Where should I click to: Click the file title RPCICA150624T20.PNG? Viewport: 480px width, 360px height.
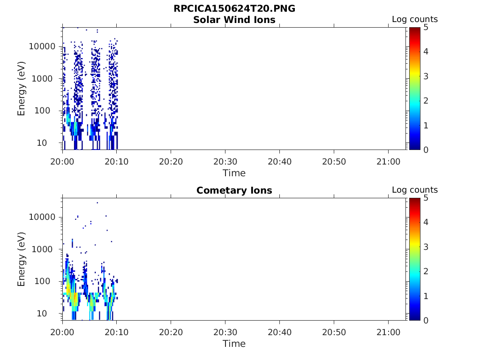tap(234, 9)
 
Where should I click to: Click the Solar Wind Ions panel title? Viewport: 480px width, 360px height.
tap(234, 20)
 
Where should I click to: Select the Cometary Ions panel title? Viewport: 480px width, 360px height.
tap(234, 190)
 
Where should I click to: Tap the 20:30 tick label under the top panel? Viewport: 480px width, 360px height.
tap(225, 161)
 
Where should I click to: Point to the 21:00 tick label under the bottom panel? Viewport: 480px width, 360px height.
tap(388, 331)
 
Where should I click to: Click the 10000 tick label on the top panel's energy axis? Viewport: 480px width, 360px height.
tap(43, 46)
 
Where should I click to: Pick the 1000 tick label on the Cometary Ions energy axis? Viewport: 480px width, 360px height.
tap(45, 249)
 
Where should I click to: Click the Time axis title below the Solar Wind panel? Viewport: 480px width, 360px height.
tap(234, 173)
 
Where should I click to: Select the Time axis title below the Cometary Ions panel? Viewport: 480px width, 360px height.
tap(234, 344)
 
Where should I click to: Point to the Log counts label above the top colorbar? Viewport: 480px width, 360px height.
tap(415, 20)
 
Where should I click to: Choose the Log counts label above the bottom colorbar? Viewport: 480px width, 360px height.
tap(415, 190)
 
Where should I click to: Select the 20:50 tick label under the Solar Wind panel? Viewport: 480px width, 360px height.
tap(334, 161)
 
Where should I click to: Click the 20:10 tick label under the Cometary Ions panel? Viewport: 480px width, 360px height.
tap(116, 331)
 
